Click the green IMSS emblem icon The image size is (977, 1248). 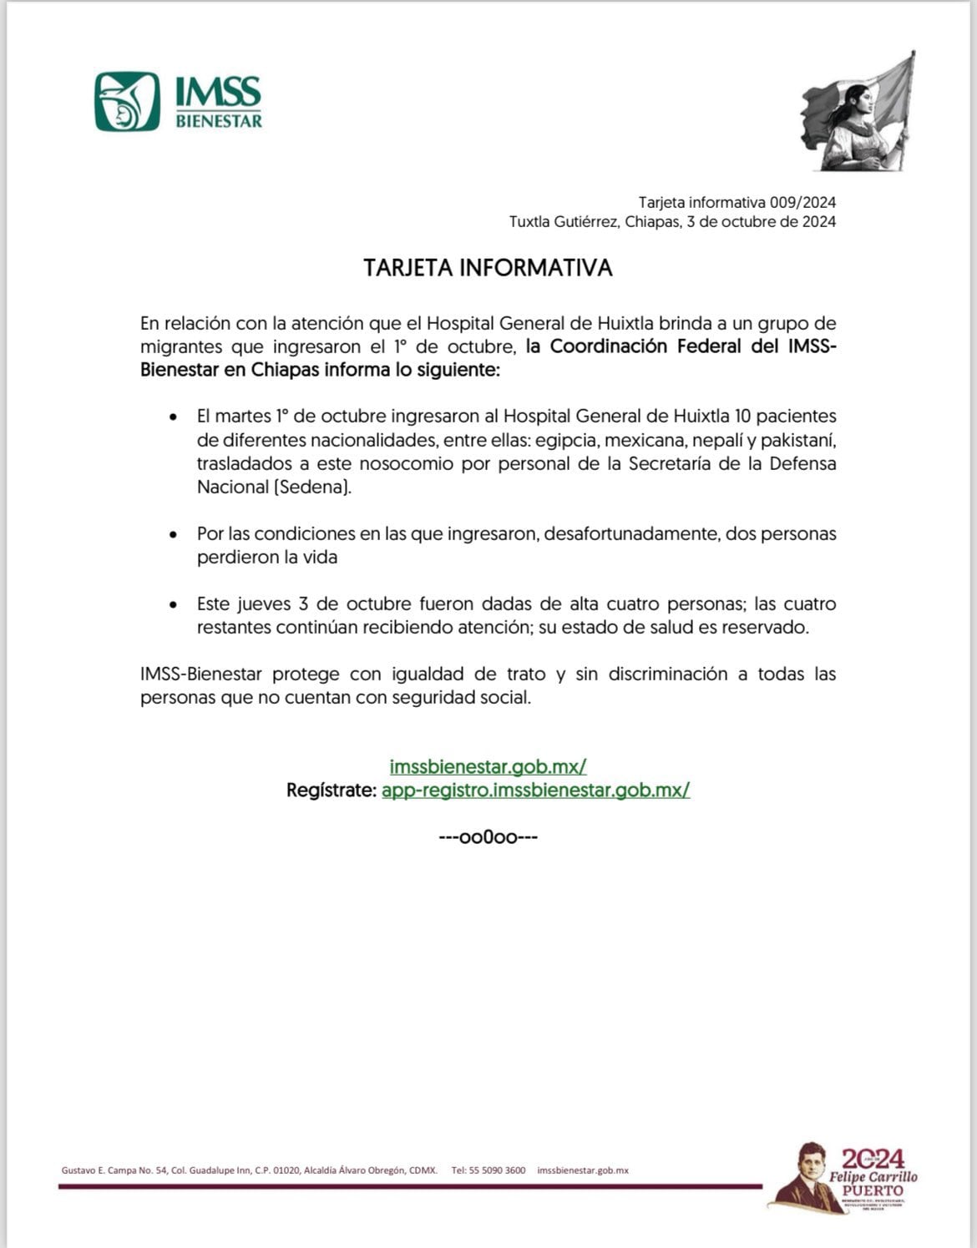click(127, 101)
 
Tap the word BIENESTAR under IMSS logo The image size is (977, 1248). click(219, 121)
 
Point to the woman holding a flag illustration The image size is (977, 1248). click(858, 113)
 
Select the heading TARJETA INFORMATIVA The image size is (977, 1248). click(488, 268)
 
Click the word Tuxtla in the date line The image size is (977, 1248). click(530, 222)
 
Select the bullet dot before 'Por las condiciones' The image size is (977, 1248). click(173, 534)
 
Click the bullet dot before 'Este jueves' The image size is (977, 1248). click(173, 604)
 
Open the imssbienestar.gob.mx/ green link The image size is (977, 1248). click(488, 766)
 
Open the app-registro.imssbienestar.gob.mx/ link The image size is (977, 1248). click(535, 790)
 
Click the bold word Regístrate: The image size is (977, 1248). click(331, 790)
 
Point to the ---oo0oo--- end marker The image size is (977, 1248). click(488, 836)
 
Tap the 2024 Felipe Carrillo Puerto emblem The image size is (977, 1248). click(843, 1178)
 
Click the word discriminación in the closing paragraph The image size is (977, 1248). click(667, 675)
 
